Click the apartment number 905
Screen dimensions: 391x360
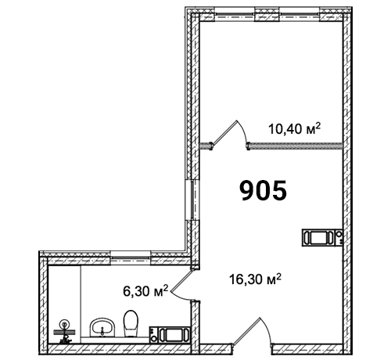pyautogui.click(x=263, y=190)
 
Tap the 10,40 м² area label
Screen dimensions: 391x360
pyautogui.click(x=294, y=128)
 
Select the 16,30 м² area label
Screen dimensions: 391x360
pyautogui.click(x=255, y=279)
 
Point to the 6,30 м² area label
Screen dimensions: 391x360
pyautogui.click(x=145, y=290)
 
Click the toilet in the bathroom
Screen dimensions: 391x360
pyautogui.click(x=131, y=323)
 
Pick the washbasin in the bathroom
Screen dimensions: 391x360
pyautogui.click(x=102, y=328)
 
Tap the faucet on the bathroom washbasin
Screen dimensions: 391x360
pyautogui.click(x=102, y=332)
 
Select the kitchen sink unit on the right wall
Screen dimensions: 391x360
pyautogui.click(x=322, y=237)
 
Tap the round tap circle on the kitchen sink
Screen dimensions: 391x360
pyautogui.click(x=339, y=234)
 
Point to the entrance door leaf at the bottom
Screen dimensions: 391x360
pyautogui.click(x=246, y=331)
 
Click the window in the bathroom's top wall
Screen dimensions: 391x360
pyautogui.click(x=131, y=257)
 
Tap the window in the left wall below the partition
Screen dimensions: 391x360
pyautogui.click(x=192, y=200)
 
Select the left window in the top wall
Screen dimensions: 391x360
pyautogui.click(x=235, y=15)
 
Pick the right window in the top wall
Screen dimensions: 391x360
pyautogui.click(x=300, y=15)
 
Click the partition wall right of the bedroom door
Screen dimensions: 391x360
pyautogui.click(x=295, y=146)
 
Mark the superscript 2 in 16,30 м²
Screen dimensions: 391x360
pyautogui.click(x=278, y=276)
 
